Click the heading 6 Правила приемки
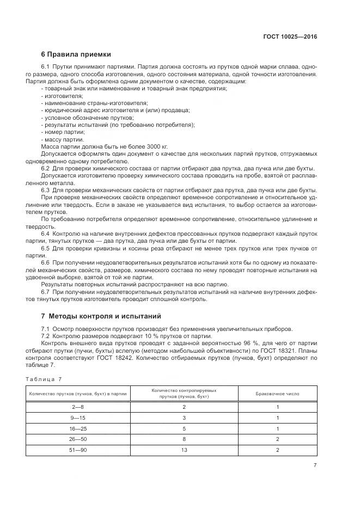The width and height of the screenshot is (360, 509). click(76, 54)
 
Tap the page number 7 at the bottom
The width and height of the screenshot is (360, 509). click(315, 465)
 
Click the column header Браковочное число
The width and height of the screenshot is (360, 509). click(277, 394)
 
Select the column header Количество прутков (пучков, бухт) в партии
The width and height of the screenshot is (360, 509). click(78, 394)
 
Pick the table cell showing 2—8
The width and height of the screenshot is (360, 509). click(78, 407)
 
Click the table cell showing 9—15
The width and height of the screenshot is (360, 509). click(78, 418)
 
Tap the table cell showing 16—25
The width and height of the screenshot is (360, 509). click(78, 428)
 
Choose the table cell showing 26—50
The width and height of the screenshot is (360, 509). click(78, 439)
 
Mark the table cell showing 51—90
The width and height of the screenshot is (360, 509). click(78, 450)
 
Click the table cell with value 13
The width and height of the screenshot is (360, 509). click(184, 450)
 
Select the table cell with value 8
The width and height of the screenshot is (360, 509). click(184, 439)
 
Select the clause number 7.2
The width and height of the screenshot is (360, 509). click(46, 336)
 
